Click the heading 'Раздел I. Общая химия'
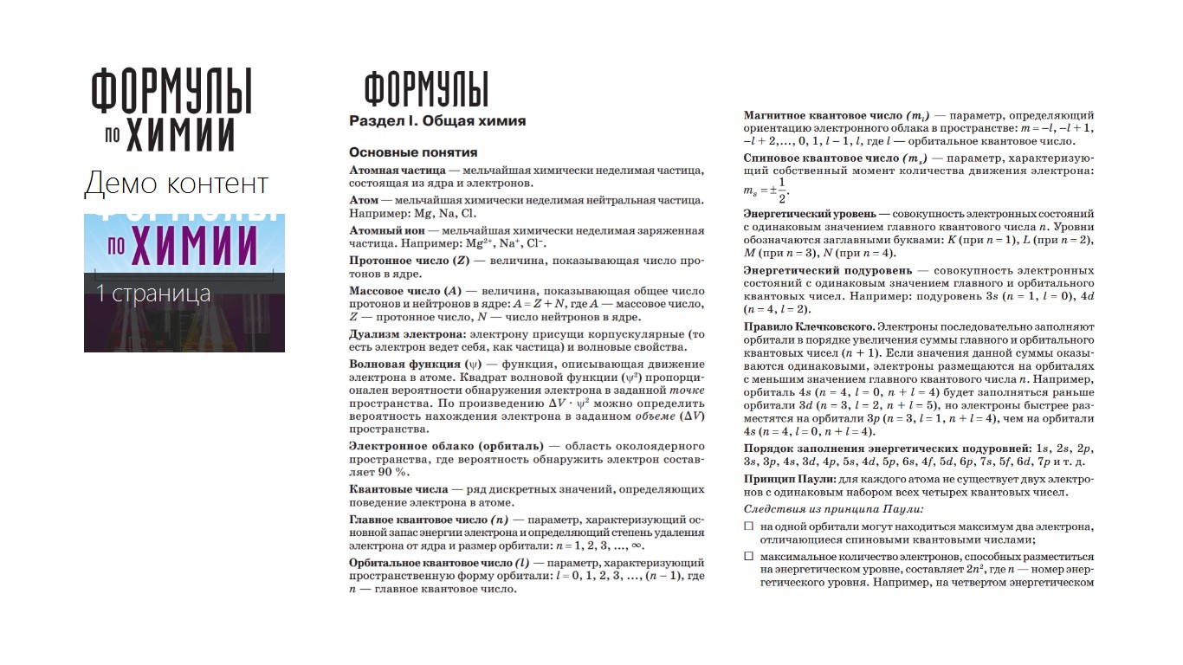pyautogui.click(x=437, y=121)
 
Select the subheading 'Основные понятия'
pyautogui.click(x=413, y=152)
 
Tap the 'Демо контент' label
pyautogui.click(x=177, y=184)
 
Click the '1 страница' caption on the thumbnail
pyautogui.click(x=153, y=294)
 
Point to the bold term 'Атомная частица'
pyautogui.click(x=398, y=170)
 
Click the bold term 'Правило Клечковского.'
pyautogui.click(x=809, y=327)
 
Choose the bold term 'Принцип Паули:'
pyautogui.click(x=790, y=479)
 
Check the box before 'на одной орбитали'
pyautogui.click(x=749, y=526)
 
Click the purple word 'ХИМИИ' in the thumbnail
pyautogui.click(x=196, y=245)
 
